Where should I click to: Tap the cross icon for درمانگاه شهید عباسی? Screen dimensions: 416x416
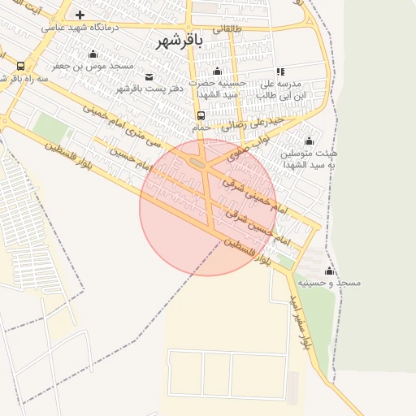tap(80, 15)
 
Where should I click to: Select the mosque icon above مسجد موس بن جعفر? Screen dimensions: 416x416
tap(93, 54)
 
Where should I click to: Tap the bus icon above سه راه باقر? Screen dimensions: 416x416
tap(20, 67)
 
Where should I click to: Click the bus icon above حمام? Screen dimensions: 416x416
tap(201, 115)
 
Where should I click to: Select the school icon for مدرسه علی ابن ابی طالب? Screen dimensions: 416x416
tap(280, 71)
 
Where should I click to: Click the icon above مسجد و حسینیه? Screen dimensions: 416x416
tap(329, 271)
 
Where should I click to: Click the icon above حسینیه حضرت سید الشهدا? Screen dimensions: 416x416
tap(217, 71)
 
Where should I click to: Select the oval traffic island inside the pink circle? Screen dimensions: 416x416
tap(197, 164)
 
